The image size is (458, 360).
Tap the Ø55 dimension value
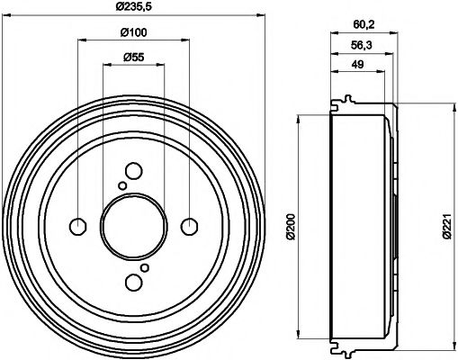(x=133, y=58)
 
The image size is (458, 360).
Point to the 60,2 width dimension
(x=362, y=25)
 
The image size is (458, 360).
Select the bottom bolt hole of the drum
(x=133, y=283)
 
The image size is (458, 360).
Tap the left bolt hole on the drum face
(x=77, y=225)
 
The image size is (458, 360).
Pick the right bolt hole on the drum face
(x=190, y=225)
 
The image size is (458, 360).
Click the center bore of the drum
(x=133, y=225)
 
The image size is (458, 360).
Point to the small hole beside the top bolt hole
(x=121, y=184)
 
